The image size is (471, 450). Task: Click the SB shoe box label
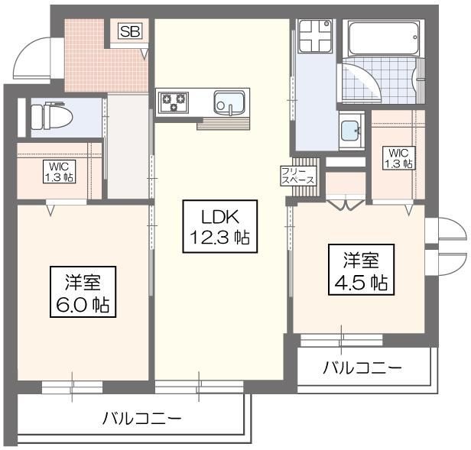click(x=128, y=32)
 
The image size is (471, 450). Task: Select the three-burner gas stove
click(x=174, y=102)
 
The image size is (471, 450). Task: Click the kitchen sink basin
click(x=229, y=102)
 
